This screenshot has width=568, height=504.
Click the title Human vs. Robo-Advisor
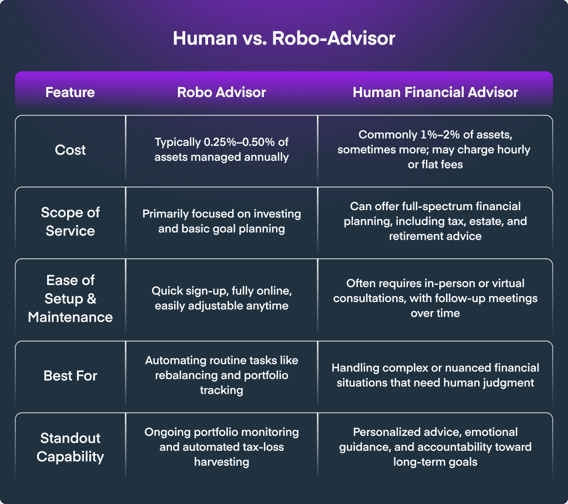pos(283,38)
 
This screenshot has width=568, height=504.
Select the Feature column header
pos(70,93)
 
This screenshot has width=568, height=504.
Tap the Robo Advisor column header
pos(221,93)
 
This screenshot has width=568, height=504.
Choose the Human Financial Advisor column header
pos(435,93)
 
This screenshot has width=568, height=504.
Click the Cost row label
pos(70,150)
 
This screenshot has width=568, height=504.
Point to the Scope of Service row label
pos(70,222)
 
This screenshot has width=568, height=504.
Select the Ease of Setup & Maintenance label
pos(70,299)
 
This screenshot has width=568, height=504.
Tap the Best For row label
pos(70,375)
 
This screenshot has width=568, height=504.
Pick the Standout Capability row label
pos(70,447)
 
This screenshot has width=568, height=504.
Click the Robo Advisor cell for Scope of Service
pos(221,221)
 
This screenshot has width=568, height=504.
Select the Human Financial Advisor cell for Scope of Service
pos(435,221)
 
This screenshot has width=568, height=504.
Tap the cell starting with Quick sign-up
pos(221,298)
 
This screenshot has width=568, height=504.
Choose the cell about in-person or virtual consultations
pos(435,298)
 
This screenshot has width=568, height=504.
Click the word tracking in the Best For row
pos(221,390)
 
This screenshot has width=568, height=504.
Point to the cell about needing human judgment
pos(435,375)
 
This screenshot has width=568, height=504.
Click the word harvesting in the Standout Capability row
pos(221,462)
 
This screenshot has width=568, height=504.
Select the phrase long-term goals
pos(435,462)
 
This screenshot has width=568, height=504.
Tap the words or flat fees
pos(435,165)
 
